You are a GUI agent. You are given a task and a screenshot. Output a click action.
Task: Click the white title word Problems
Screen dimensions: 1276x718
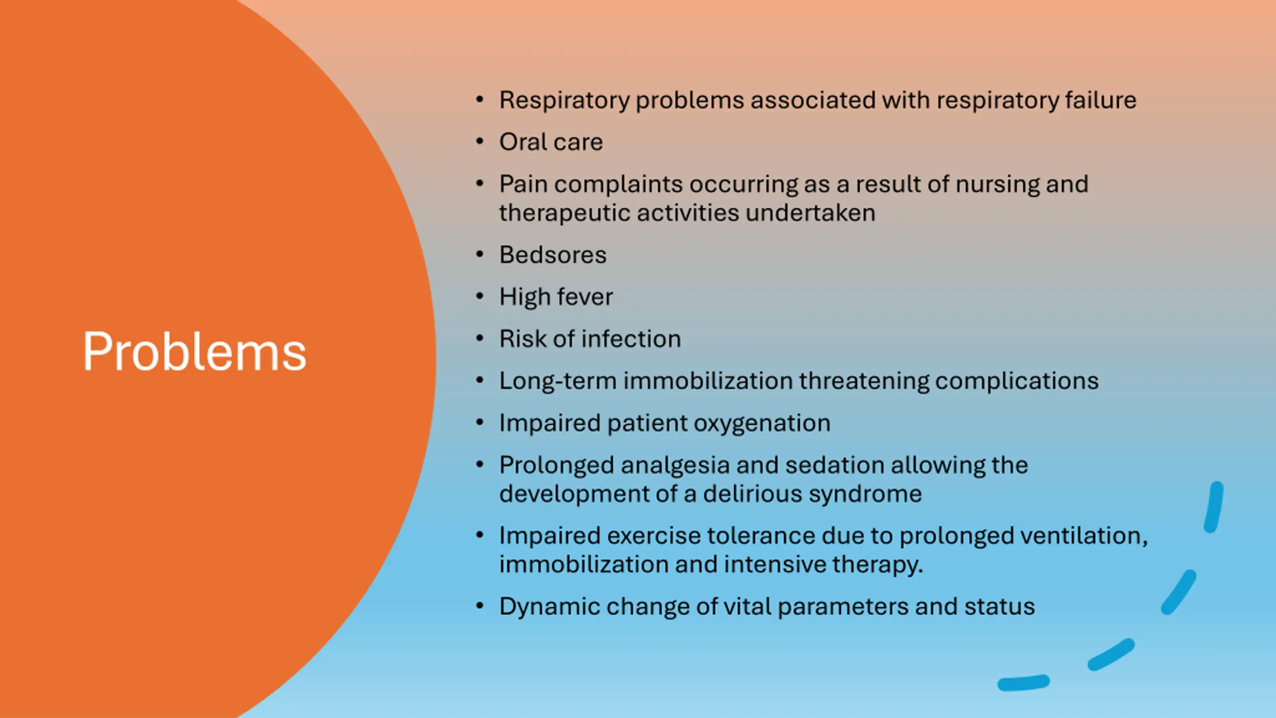[x=194, y=352]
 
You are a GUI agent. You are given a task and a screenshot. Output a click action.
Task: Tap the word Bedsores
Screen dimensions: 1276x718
[x=553, y=255]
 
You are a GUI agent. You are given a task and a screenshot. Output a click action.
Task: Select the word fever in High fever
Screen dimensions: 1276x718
[x=585, y=297]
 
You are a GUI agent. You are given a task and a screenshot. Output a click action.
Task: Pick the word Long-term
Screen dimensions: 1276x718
[x=558, y=381]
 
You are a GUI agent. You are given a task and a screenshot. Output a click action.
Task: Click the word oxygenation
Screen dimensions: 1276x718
[x=762, y=424]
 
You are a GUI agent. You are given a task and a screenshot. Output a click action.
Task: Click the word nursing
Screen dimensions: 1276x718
[x=997, y=185]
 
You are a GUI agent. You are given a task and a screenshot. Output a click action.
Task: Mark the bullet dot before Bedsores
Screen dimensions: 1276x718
[x=480, y=255]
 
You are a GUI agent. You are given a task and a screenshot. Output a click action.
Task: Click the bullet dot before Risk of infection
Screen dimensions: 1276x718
[x=480, y=339]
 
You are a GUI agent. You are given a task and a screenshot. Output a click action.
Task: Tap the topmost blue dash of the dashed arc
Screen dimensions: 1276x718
[x=1214, y=507]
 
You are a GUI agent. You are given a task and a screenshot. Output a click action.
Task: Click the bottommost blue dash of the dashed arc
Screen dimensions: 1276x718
[x=1023, y=683]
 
